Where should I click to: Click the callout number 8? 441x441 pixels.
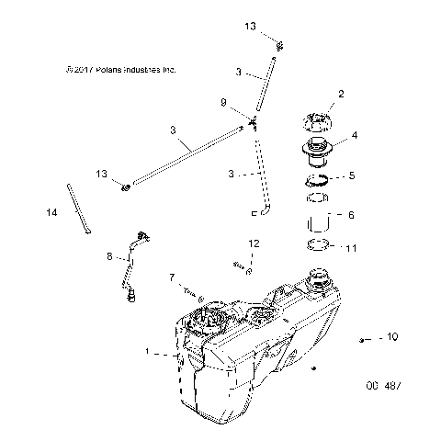[109, 258]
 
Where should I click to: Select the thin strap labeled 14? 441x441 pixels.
[77, 209]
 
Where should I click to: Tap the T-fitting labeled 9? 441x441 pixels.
[251, 122]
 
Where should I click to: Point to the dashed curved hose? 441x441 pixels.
[262, 175]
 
